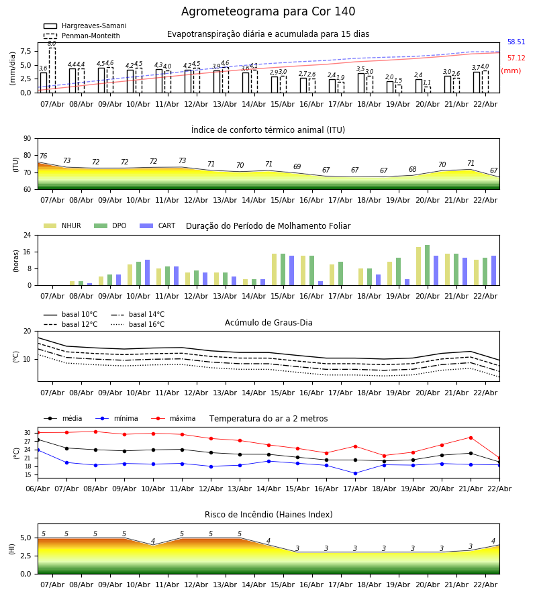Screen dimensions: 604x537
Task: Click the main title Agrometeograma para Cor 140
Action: (x=268, y=12)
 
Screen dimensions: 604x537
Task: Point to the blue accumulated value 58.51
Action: (x=516, y=42)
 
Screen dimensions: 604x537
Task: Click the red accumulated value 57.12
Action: (x=516, y=58)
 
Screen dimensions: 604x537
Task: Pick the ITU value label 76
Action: (x=43, y=156)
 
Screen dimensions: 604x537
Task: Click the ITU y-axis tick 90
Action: (x=27, y=138)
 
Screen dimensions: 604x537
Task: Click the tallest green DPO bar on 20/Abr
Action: (x=427, y=265)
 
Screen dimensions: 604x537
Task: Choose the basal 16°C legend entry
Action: (x=146, y=325)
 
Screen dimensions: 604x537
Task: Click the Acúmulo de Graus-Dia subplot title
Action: (x=268, y=323)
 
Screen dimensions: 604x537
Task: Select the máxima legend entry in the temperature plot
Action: (x=182, y=419)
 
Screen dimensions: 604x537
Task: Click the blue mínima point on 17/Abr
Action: (x=355, y=473)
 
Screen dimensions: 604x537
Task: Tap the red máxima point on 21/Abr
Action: (x=471, y=438)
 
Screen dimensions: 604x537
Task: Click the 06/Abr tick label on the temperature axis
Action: (x=38, y=489)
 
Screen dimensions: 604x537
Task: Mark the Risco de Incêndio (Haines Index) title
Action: (x=268, y=515)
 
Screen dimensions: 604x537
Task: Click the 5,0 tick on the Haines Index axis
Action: (x=26, y=538)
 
